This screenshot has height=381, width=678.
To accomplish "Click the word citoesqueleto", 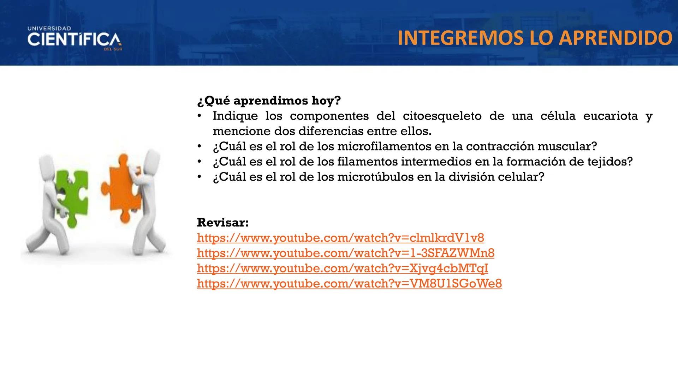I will click(442, 116).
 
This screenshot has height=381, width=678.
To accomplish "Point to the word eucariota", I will click(611, 116).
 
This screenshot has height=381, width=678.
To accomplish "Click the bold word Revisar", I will click(223, 223).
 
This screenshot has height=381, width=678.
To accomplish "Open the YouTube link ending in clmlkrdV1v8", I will click(340, 238).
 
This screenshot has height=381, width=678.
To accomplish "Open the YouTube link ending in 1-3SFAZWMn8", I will click(345, 253).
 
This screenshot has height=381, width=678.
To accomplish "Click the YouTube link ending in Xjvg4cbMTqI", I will click(343, 268).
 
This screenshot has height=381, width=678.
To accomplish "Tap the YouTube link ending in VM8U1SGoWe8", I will click(349, 284).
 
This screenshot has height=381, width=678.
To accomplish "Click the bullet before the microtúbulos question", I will click(200, 177).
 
